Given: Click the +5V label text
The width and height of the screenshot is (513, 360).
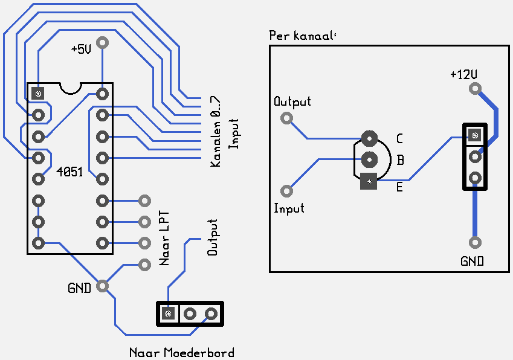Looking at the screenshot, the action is click(x=81, y=49).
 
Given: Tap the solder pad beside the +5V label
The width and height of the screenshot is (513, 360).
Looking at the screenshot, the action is click(x=102, y=42).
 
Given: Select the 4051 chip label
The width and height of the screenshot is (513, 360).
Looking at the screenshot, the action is click(x=69, y=172).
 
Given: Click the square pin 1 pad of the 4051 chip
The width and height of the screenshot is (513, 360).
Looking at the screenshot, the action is click(x=38, y=94).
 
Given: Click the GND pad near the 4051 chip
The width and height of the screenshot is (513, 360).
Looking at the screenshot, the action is click(x=102, y=286).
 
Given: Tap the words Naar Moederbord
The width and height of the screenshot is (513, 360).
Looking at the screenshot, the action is click(x=182, y=353).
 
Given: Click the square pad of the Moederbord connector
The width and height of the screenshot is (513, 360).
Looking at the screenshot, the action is click(x=168, y=314).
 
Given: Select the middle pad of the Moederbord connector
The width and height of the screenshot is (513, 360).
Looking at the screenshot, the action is click(x=190, y=314).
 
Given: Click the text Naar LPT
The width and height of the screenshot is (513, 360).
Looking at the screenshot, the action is click(x=164, y=239).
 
